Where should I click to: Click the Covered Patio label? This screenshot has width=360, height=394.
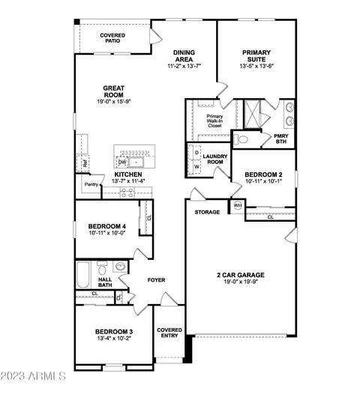[x=112, y=38]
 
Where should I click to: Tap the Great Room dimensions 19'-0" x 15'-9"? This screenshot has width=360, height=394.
[x=114, y=102]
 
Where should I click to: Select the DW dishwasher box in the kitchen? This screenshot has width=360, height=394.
[x=122, y=162]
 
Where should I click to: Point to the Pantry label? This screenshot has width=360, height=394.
[x=91, y=184]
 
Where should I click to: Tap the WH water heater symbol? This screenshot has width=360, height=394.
[x=238, y=205]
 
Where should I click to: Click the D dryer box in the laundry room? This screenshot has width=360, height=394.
[x=196, y=153]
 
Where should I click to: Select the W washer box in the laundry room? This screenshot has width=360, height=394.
[x=196, y=166]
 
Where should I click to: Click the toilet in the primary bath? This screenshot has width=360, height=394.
[x=241, y=139]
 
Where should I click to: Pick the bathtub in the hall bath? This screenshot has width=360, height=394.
[x=83, y=275]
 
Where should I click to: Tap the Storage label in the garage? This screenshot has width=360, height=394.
[x=207, y=212]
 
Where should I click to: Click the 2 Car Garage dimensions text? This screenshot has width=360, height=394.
[x=241, y=282]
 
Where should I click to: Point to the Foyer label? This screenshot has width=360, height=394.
[x=156, y=280]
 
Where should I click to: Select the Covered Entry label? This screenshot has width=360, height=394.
[x=169, y=333]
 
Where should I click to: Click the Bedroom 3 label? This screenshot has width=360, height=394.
[x=114, y=332]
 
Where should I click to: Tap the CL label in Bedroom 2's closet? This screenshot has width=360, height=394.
[x=271, y=217]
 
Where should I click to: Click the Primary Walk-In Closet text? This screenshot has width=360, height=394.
[x=214, y=121]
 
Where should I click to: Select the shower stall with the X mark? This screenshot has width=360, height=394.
[x=252, y=114]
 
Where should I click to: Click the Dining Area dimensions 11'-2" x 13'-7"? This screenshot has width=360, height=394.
[x=184, y=66]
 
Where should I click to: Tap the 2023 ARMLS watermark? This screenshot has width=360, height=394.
[x=33, y=376]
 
